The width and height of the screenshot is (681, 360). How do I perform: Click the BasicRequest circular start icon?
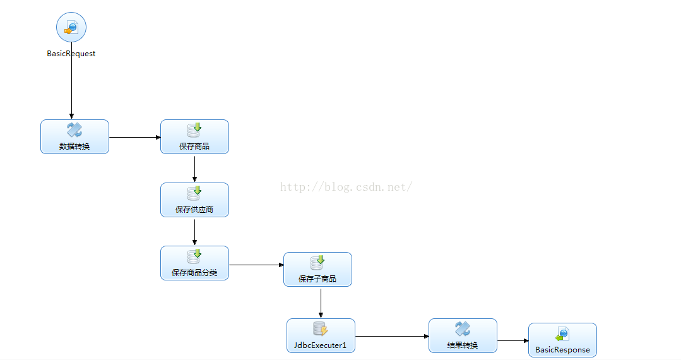click(x=71, y=27)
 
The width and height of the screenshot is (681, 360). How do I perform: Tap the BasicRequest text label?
click(x=71, y=54)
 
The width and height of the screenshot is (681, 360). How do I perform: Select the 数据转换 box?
click(x=74, y=136)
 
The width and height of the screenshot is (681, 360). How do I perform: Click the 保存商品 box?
click(x=194, y=136)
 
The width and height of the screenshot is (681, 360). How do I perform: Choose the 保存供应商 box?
click(x=194, y=200)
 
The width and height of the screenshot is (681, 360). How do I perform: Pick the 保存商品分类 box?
click(x=194, y=263)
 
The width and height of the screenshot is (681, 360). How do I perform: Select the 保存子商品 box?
click(x=317, y=269)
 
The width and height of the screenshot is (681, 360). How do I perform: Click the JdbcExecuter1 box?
click(x=321, y=335)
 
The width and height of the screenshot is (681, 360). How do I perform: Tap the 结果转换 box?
click(x=463, y=335)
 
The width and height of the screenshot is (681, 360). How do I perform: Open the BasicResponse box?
click(x=562, y=340)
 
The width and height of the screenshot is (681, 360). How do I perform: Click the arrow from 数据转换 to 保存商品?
click(x=135, y=138)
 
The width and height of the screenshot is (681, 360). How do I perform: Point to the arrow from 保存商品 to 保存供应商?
click(x=194, y=169)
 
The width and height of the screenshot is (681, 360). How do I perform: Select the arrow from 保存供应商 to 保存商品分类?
click(x=194, y=232)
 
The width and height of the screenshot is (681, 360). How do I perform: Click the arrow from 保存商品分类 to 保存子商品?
click(x=256, y=265)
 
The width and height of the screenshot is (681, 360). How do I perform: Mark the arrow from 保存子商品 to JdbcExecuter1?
click(x=321, y=303)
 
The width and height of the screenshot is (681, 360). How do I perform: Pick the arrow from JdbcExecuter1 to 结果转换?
click(x=392, y=336)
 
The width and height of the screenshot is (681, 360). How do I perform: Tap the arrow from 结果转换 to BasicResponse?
click(x=513, y=340)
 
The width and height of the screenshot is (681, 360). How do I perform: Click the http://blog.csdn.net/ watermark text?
click(x=346, y=187)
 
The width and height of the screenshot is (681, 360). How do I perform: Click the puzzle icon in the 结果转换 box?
click(x=463, y=328)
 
